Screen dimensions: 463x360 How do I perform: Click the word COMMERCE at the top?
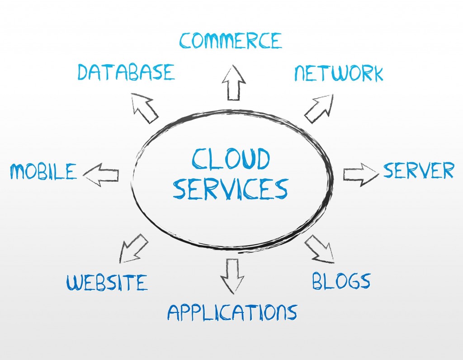tap(230, 40)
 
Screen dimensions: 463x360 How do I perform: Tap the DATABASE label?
tap(126, 72)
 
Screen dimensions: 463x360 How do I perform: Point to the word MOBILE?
tap(43, 171)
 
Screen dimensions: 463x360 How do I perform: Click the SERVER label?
tap(418, 170)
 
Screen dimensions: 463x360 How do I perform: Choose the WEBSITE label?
tap(107, 282)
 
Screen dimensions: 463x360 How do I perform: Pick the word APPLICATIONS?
tap(232, 312)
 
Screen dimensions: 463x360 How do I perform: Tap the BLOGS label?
tap(341, 280)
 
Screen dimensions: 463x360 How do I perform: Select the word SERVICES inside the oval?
tap(230, 189)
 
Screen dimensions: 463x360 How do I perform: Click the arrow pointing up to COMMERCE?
tap(234, 83)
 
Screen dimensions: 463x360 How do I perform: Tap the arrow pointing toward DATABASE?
tap(144, 108)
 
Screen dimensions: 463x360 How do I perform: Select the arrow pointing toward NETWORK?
tap(319, 109)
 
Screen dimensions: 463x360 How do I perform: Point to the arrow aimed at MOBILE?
tap(101, 175)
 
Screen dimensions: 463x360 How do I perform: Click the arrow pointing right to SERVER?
tap(361, 175)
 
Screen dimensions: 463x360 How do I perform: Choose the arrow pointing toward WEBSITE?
tap(133, 249)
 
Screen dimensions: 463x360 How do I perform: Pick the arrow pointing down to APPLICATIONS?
tap(232, 276)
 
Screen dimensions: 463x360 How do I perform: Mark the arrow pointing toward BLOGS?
tap(320, 249)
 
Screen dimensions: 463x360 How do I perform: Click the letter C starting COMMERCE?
tap(185, 41)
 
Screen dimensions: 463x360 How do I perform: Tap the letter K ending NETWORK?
tap(377, 74)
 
